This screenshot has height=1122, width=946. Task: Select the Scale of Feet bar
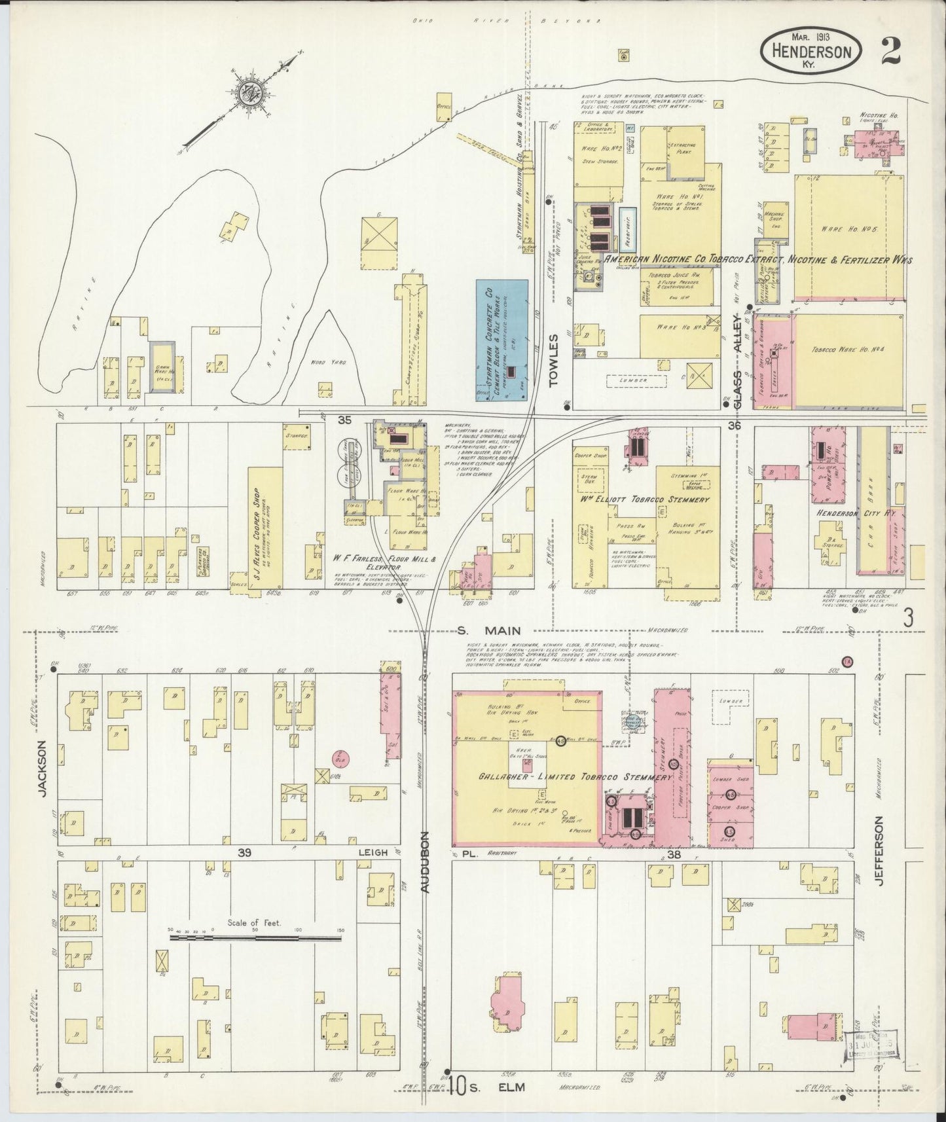tap(255, 937)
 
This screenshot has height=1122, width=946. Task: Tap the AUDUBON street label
tap(426, 863)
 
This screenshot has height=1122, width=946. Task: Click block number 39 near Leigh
tap(245, 852)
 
